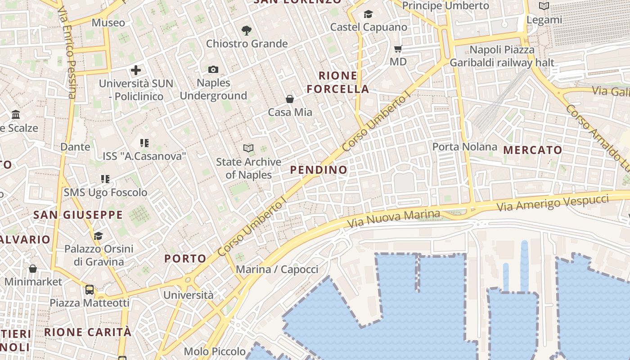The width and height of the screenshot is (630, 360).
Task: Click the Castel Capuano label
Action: tap(369, 27)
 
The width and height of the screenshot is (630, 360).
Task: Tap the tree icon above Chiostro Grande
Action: tap(246, 31)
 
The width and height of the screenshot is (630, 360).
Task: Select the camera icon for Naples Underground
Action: tap(213, 69)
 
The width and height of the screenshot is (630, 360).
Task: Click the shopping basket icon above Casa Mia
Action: tap(290, 99)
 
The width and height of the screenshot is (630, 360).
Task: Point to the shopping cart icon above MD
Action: tap(398, 49)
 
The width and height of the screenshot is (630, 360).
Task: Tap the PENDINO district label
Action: tap(319, 170)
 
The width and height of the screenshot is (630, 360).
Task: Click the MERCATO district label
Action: tap(533, 150)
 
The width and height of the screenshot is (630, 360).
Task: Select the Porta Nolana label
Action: tap(464, 147)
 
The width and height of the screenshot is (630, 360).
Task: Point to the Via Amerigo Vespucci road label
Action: tap(553, 203)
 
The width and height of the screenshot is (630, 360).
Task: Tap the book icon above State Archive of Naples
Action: tap(248, 148)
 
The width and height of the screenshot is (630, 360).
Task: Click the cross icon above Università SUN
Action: tap(136, 70)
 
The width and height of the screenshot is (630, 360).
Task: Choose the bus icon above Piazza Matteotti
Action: tap(89, 289)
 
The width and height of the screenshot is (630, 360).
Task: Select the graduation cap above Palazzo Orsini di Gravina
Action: tap(98, 235)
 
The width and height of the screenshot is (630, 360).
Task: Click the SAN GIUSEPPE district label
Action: tap(78, 215)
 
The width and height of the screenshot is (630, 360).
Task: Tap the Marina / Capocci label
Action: tap(277, 270)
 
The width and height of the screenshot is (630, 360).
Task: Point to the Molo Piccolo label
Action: tap(215, 351)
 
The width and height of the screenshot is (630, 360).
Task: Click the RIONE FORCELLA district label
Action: tap(338, 82)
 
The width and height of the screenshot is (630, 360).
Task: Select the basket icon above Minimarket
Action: tap(32, 269)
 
